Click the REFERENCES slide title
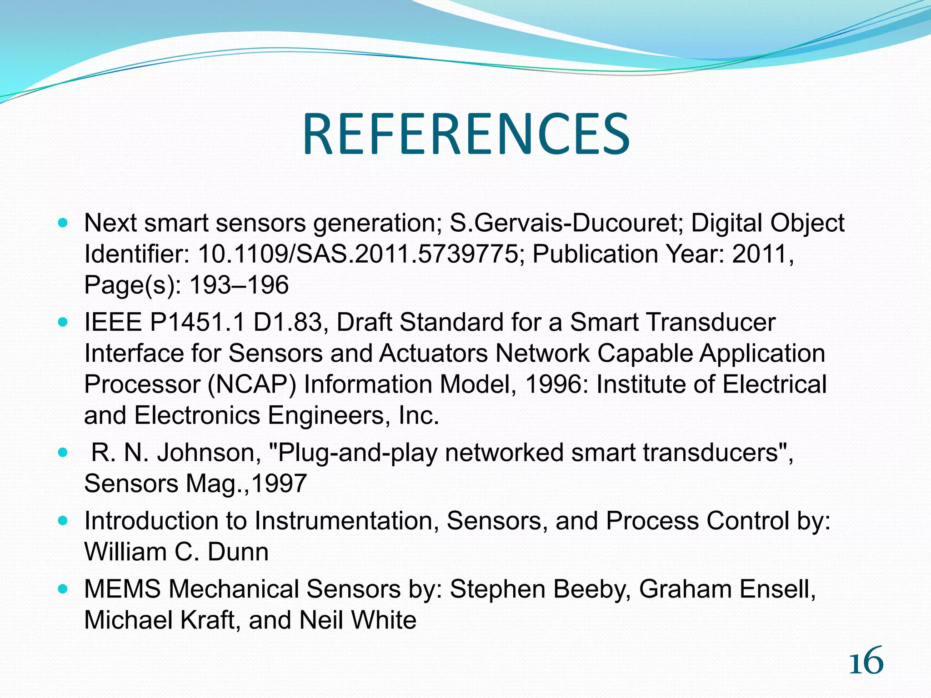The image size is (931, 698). pos(466,135)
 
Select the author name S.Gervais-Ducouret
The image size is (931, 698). pos(566,223)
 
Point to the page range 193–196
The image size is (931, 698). pos(239,285)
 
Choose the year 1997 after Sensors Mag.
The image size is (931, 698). pos(279,484)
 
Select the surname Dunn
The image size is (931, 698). pos(238,552)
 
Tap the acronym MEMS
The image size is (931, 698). pos(122,589)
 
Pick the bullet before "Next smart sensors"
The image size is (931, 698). pos(63,223)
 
